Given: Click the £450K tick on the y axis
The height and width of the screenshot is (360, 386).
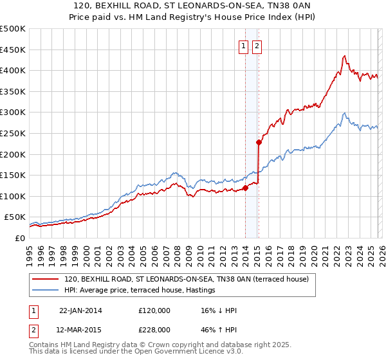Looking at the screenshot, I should [13, 50].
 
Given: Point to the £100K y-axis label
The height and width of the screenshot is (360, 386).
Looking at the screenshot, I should [13, 196].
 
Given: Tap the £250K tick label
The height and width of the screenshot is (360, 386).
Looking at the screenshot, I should [13, 133].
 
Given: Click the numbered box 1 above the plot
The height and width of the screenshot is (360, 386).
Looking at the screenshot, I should [244, 46].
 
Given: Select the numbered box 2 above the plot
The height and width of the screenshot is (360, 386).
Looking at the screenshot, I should [257, 46].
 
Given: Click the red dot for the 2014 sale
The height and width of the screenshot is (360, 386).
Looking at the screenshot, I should [245, 188].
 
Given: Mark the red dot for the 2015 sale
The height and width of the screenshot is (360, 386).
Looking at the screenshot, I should [258, 143].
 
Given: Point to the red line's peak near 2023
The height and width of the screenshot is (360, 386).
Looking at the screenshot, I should [345, 56].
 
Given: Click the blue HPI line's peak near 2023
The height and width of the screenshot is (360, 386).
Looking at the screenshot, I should [345, 113].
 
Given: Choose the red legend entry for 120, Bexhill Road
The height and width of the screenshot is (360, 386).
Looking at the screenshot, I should [187, 279].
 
